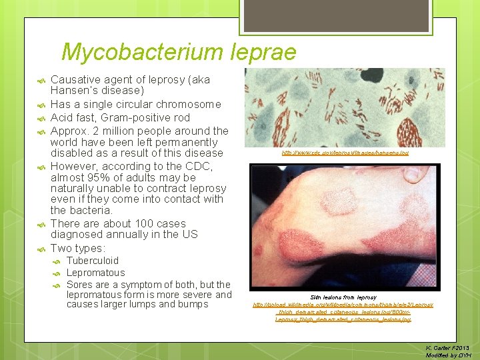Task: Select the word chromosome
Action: click(x=189, y=105)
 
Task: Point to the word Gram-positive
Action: click(x=140, y=117)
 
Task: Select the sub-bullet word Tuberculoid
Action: click(x=93, y=261)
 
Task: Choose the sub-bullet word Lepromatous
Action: click(x=95, y=273)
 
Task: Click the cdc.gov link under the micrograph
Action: click(x=345, y=153)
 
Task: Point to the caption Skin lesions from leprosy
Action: click(x=343, y=297)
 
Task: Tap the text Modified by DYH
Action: click(x=447, y=355)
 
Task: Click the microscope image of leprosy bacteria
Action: click(x=345, y=107)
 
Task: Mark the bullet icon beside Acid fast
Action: click(x=39, y=118)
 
